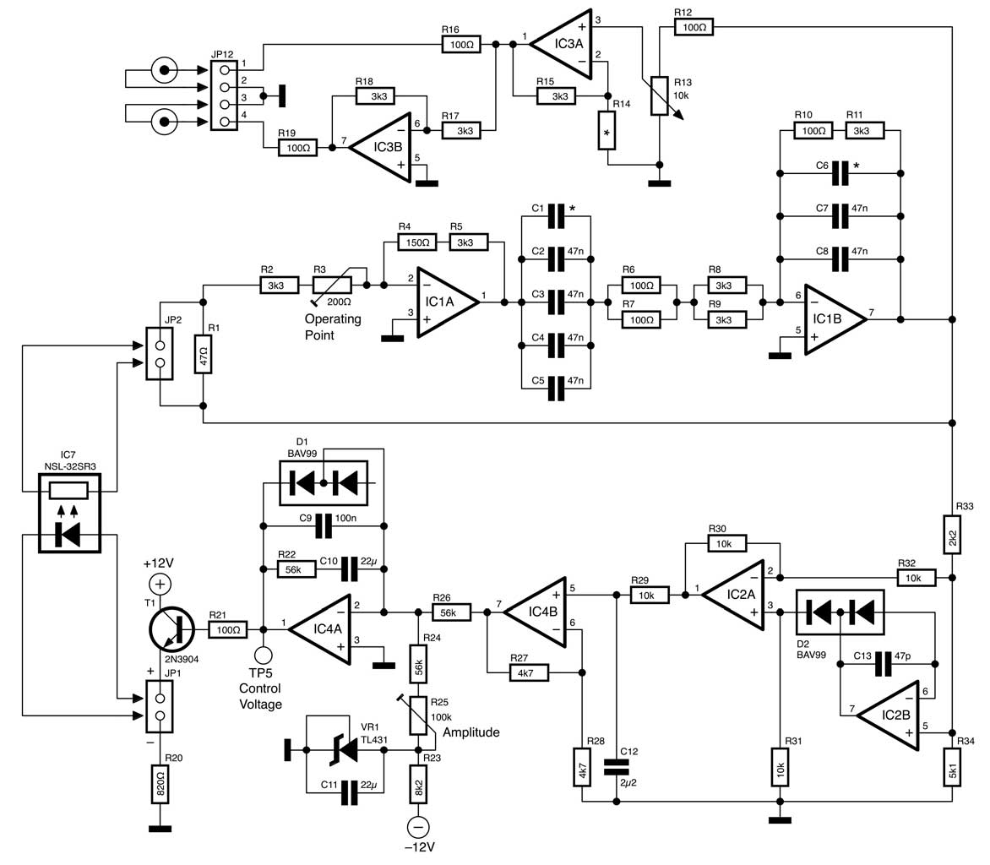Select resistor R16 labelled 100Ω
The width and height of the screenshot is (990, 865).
(461, 44)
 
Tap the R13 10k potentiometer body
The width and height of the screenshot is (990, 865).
(659, 96)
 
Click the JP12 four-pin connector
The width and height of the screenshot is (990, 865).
(224, 95)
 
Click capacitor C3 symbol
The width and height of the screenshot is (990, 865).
(556, 302)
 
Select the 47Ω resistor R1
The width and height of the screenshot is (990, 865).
(203, 355)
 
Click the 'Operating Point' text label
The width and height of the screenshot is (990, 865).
(333, 327)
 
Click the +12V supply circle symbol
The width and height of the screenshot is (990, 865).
(160, 584)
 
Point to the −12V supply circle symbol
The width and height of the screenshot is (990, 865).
(417, 827)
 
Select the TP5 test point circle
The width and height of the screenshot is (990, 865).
(263, 656)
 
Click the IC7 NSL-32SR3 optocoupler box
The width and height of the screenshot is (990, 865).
(69, 514)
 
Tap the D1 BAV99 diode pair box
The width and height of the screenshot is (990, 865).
(324, 483)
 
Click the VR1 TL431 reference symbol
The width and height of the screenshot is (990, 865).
(344, 750)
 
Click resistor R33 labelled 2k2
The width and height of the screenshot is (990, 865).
(952, 534)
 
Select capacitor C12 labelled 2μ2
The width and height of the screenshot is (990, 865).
(617, 767)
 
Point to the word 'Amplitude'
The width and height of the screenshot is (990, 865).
(471, 732)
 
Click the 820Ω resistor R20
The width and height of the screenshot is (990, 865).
(160, 784)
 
